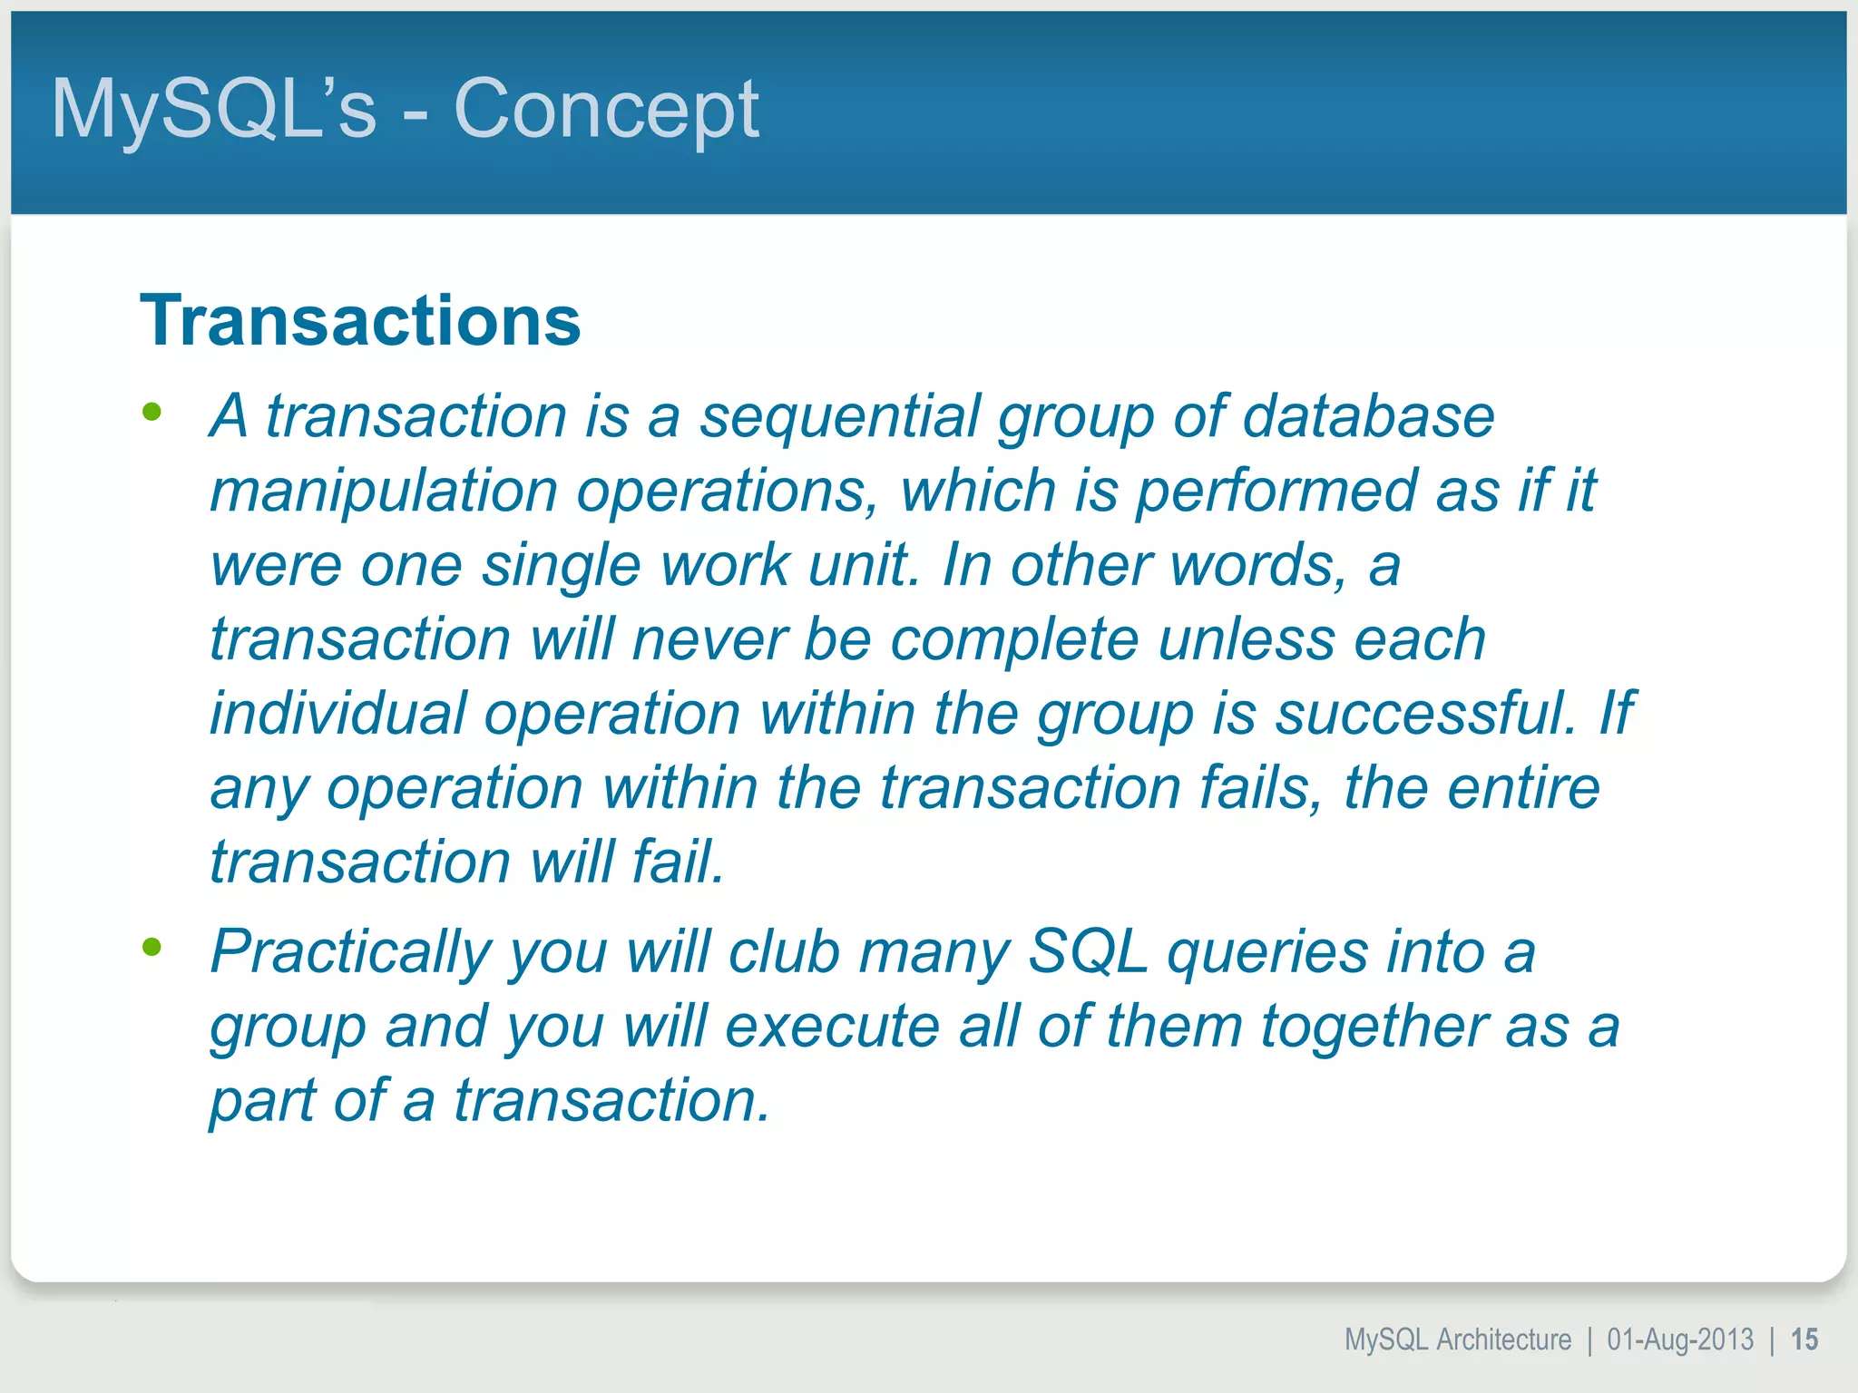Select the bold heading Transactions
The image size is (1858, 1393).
[360, 321]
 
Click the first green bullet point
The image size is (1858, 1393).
[152, 413]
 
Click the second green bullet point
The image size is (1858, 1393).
[152, 948]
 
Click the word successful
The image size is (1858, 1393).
[1425, 714]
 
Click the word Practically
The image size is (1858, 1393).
[350, 952]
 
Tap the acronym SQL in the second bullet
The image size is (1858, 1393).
[1088, 952]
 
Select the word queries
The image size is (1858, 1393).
[1266, 952]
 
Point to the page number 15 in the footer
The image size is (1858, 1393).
[1804, 1339]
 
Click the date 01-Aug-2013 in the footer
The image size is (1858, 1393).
[1680, 1339]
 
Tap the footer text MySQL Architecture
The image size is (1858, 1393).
[1457, 1339]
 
